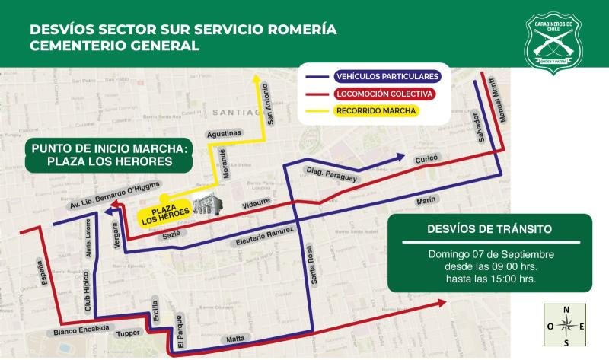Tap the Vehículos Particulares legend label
click(x=387, y=78)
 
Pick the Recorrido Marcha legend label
click(x=376, y=111)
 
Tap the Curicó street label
click(x=424, y=161)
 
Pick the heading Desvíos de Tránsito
click(x=490, y=228)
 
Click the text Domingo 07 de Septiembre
click(x=490, y=253)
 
